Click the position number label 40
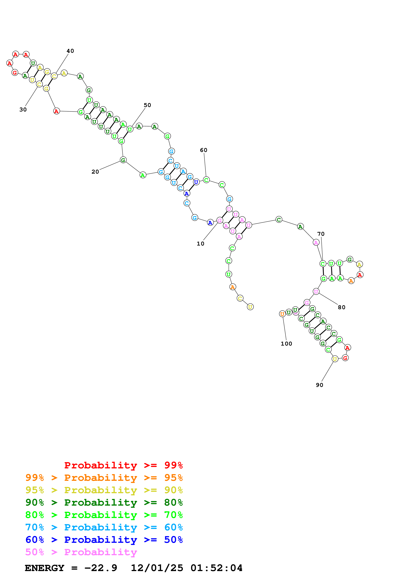(70, 51)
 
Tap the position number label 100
(286, 344)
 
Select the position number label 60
(204, 150)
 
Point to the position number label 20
(95, 172)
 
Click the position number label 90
(320, 385)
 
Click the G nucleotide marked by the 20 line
(123, 160)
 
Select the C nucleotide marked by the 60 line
(206, 180)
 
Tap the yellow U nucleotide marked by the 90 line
(335, 359)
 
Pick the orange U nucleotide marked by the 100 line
(282, 314)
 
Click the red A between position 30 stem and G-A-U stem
(56, 111)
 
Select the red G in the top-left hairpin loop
(15, 73)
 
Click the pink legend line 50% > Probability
(81, 552)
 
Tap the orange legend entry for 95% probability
(104, 478)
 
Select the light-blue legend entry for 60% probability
(104, 527)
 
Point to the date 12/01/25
(157, 568)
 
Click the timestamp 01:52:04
(216, 568)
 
